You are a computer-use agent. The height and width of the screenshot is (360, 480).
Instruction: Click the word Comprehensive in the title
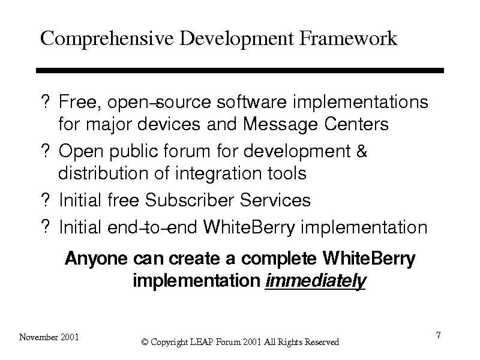107,39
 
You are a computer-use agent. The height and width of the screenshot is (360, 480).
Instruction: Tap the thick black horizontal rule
240,70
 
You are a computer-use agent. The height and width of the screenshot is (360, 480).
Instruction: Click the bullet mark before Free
46,101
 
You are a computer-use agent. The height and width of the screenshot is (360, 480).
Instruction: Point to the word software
251,101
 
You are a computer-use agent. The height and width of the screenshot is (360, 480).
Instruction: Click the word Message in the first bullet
280,125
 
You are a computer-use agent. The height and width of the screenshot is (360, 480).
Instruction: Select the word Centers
356,124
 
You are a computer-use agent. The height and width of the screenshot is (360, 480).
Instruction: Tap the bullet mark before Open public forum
46,151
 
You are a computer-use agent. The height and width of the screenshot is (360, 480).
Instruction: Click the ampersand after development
362,151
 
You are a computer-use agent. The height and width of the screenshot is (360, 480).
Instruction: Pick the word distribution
103,173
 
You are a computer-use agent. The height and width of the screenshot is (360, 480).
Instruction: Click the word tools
287,173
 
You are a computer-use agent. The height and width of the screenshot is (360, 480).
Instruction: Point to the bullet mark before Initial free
46,200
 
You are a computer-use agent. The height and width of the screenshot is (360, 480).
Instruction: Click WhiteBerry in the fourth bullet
249,228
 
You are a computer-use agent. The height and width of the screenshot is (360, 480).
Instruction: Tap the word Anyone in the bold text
96,259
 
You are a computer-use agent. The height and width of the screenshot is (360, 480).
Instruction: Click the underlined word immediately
316,280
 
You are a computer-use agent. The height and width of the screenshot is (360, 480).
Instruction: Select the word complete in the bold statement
278,259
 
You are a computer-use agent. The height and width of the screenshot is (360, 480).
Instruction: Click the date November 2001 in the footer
49,337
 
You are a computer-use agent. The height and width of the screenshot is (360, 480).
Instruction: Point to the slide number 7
439,335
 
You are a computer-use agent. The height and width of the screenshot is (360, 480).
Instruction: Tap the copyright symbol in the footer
145,342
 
